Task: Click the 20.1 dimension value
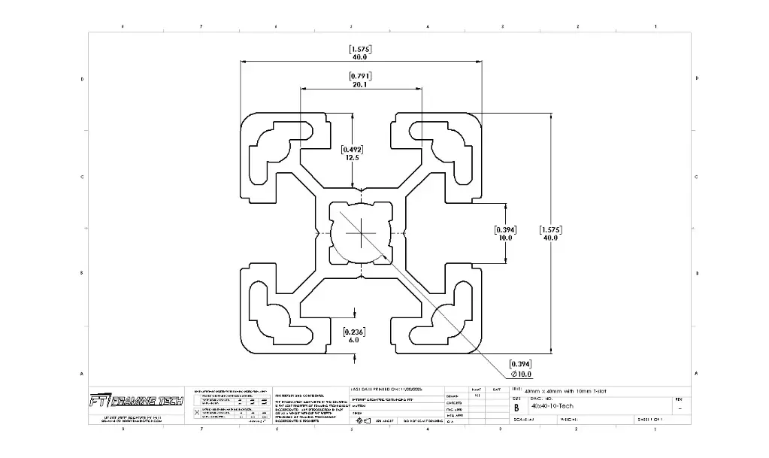pos(359,86)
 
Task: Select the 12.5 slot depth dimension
pos(352,158)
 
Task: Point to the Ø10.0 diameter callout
pos(521,374)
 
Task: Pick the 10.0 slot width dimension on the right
pos(504,238)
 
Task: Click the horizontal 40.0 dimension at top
pos(359,57)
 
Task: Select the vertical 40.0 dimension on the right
pos(550,238)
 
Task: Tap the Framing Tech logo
pos(135,400)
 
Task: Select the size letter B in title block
pos(516,408)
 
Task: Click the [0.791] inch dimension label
pos(359,76)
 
